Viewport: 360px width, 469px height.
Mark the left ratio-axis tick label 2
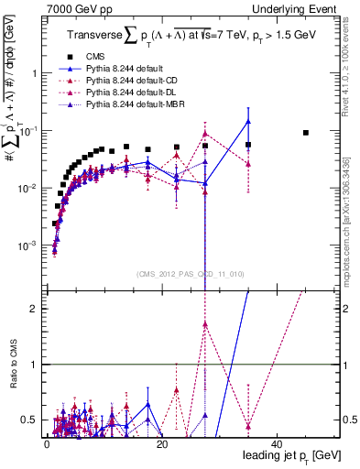pos(34,309)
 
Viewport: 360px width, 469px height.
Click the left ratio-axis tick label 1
pos(34,365)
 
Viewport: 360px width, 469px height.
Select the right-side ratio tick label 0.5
pos(350,420)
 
